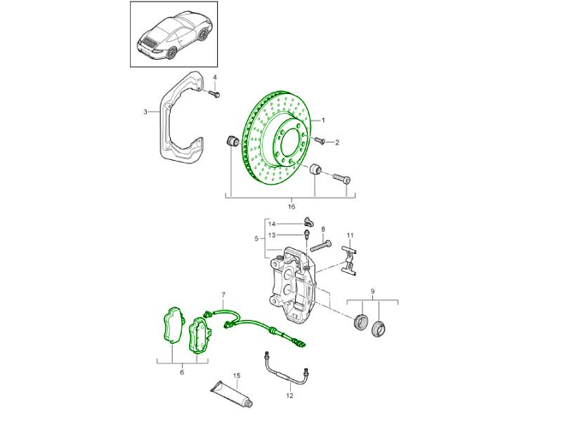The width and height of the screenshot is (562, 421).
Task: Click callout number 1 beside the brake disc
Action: [x=324, y=120]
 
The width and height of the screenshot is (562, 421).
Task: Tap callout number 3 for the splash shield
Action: [x=145, y=112]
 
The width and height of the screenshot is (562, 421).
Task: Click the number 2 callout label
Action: [x=336, y=143]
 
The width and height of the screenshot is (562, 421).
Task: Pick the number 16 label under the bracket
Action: [x=292, y=207]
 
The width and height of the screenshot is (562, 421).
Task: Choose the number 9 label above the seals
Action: [x=372, y=290]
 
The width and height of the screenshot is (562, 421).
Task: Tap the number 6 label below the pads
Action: [x=182, y=372]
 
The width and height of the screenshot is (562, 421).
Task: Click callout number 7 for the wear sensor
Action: [x=223, y=295]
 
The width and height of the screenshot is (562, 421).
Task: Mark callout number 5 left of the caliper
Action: [x=258, y=238]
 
